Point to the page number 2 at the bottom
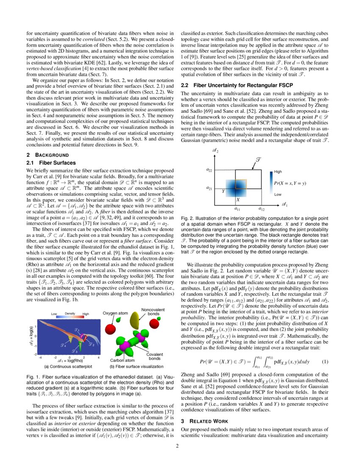pos(180,445)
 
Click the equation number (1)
pos(325,362)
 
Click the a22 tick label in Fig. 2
pos(209,170)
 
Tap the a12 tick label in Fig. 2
pos(262,208)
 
